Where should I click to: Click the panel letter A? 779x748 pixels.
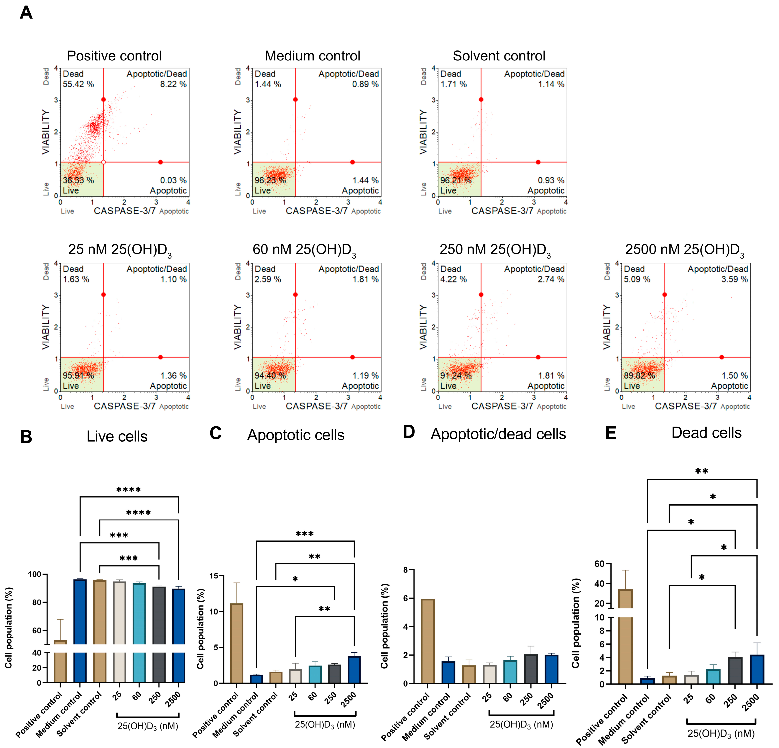tap(26, 13)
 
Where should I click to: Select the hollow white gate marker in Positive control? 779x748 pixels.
tap(103, 162)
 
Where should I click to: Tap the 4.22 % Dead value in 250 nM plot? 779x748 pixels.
tap(453, 279)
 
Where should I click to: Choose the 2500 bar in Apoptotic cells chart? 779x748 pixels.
tap(354, 670)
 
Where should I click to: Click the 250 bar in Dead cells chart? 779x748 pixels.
tap(735, 671)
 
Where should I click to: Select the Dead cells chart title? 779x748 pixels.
tap(706, 433)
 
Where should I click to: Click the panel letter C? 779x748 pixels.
tap(215, 433)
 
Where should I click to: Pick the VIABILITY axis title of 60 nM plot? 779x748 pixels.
tap(237, 327)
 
